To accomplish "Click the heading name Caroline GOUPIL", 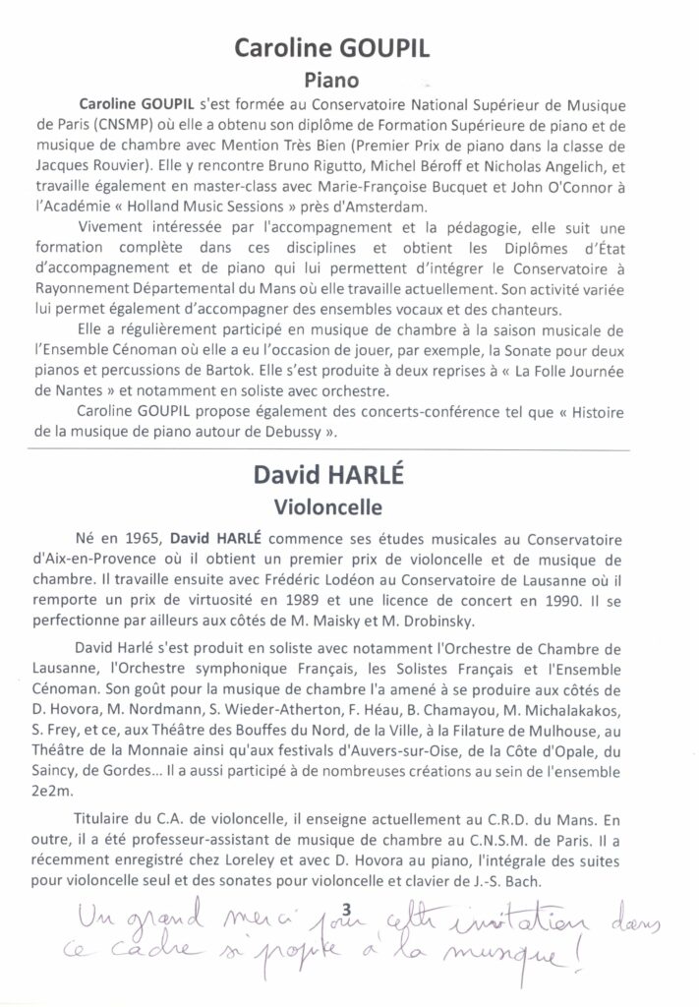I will [x=351, y=51].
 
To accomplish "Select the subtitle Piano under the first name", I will [x=351, y=83].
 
